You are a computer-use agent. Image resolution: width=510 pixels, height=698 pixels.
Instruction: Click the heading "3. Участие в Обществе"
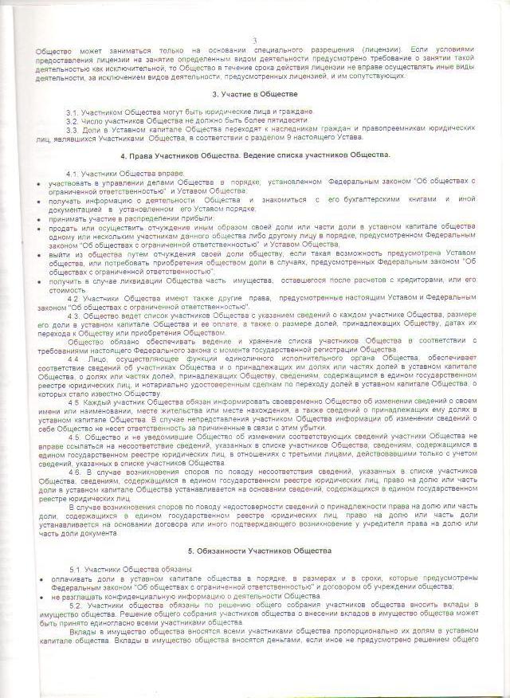click(x=254, y=94)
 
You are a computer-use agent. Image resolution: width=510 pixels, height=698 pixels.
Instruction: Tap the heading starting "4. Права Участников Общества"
click(x=254, y=154)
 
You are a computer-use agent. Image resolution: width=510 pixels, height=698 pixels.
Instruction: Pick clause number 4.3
click(x=73, y=315)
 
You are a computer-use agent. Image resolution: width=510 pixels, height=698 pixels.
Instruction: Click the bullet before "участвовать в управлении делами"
click(x=39, y=182)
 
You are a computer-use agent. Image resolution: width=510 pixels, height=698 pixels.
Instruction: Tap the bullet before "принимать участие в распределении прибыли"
click(x=39, y=218)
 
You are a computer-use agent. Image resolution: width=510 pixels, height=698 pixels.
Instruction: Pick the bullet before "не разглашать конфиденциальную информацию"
click(x=39, y=596)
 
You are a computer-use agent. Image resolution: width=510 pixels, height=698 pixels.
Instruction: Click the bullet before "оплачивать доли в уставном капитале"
click(x=39, y=577)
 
